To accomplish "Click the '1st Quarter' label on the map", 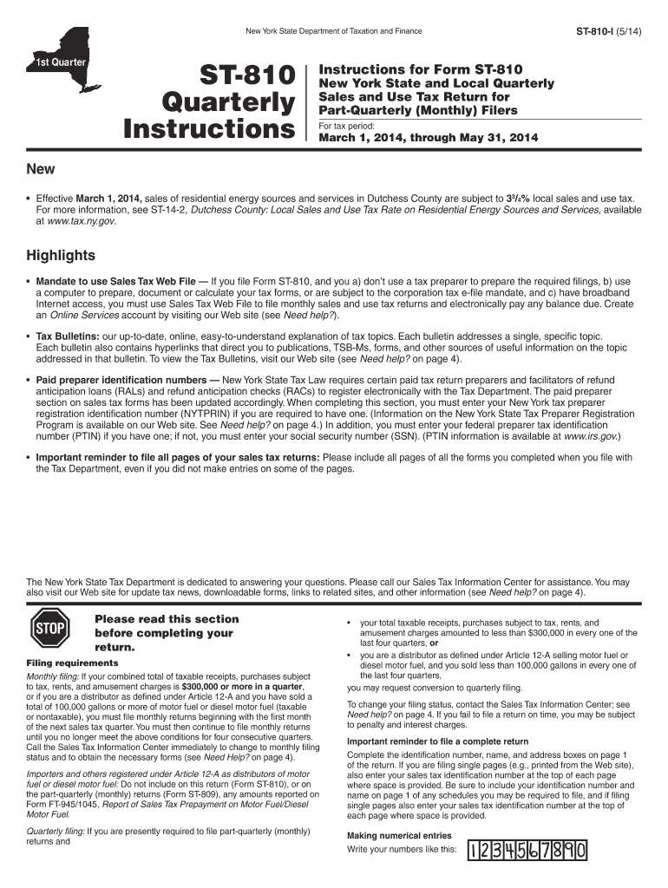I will point(55,64).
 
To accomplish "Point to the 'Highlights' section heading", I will point(61,256).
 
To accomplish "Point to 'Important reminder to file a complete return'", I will point(437,741).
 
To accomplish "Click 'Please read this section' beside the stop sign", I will point(166,618).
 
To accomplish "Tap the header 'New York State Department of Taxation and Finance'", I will point(334,31).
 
